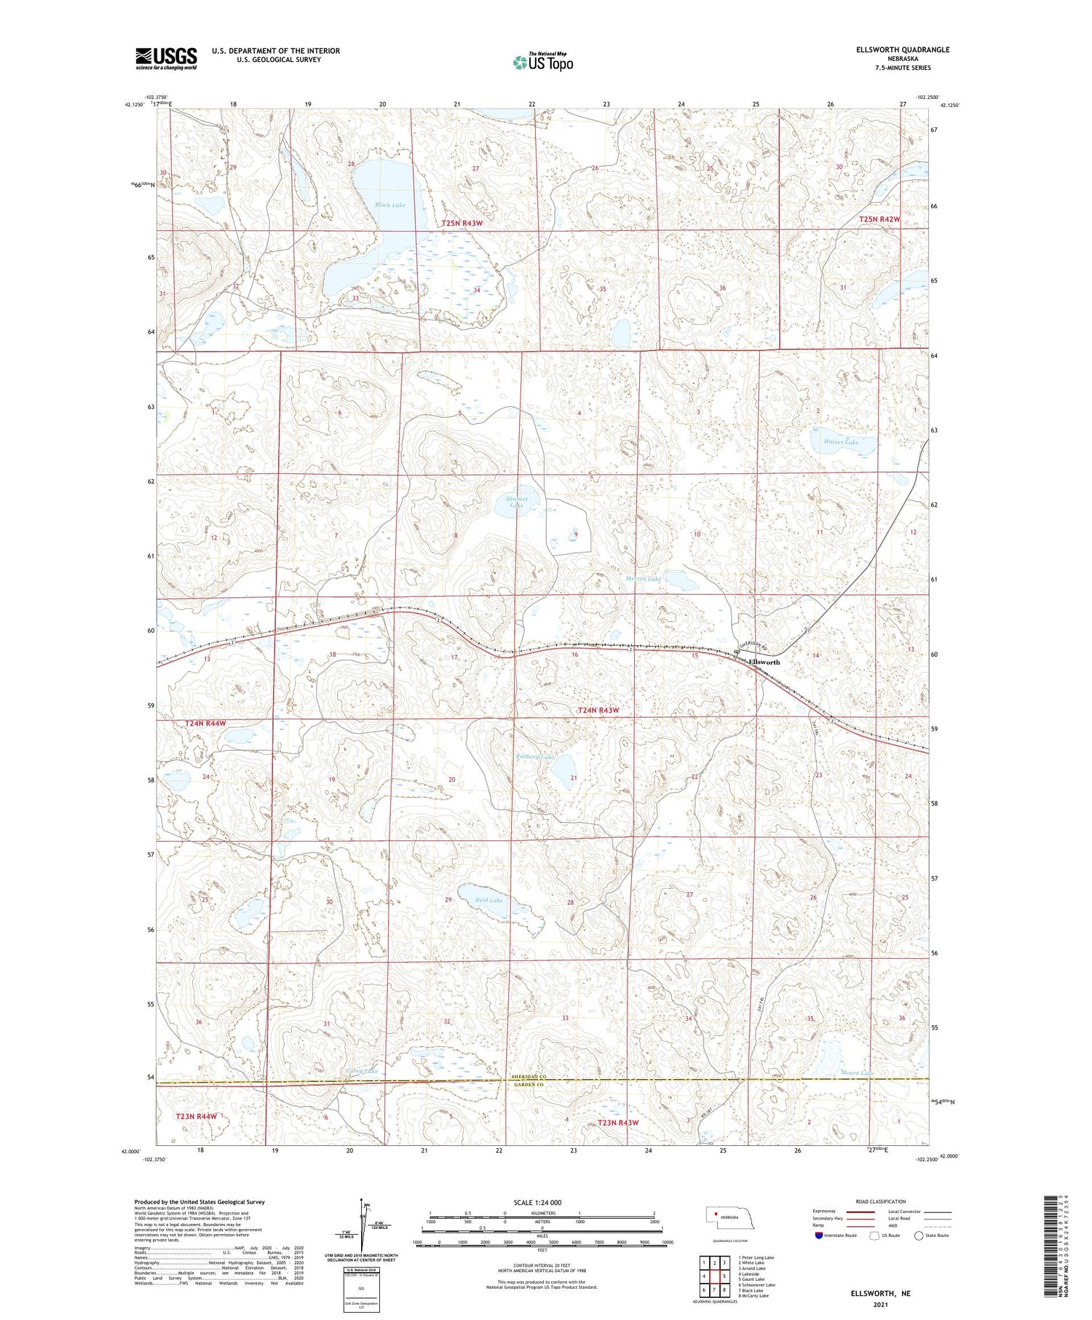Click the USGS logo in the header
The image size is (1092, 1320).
click(166, 58)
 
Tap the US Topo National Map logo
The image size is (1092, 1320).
click(542, 62)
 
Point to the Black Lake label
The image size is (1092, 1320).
click(390, 205)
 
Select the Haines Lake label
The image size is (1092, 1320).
click(841, 442)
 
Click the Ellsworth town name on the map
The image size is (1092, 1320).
click(764, 662)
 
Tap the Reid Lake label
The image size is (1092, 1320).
click(489, 901)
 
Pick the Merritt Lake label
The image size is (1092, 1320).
click(644, 579)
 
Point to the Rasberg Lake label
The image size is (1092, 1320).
click(536, 758)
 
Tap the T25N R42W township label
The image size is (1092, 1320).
click(879, 219)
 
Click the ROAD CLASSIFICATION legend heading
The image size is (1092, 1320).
click(881, 1201)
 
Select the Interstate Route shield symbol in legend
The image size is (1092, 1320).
click(819, 1236)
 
